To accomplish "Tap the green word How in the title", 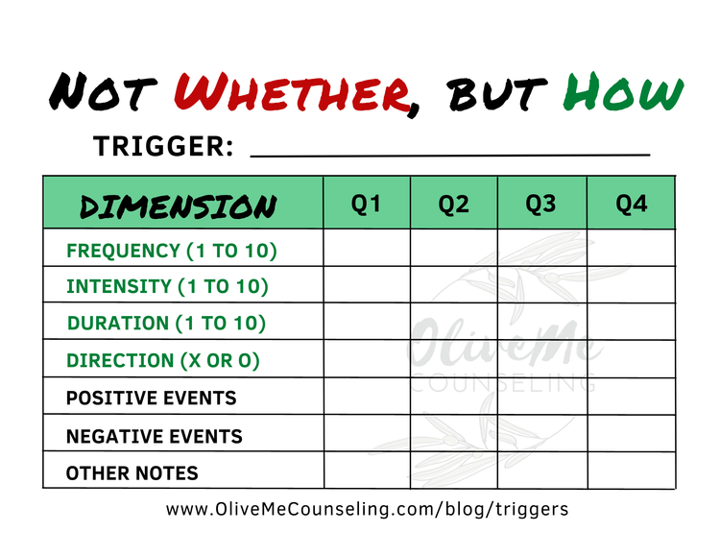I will (x=625, y=93).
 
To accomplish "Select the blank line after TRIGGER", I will (x=449, y=151).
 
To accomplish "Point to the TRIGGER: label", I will (x=163, y=146).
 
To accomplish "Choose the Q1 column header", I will (x=366, y=205).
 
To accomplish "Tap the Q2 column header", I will (x=453, y=205).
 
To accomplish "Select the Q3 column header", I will (x=541, y=205).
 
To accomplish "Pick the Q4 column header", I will (x=631, y=205).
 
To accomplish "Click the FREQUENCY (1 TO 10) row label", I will (x=171, y=251).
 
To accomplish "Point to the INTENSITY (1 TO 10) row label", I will (x=167, y=286).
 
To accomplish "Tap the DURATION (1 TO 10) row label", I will (x=166, y=323).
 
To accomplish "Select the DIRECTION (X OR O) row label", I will (x=163, y=361).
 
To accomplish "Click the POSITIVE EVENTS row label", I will (x=151, y=398).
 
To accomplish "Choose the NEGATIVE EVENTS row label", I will (x=154, y=436).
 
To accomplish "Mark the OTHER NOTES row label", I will (x=132, y=472).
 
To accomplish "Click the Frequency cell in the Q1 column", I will (x=366, y=249).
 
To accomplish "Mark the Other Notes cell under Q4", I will (x=631, y=471).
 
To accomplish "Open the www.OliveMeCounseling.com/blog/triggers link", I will (x=367, y=509).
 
